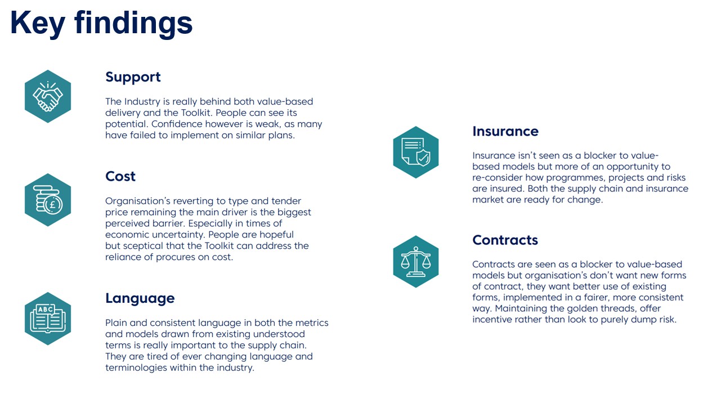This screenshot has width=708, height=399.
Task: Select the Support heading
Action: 133,77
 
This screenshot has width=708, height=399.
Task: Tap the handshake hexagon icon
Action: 48,96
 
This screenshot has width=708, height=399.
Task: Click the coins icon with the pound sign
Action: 48,200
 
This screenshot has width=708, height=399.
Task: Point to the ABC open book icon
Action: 48,318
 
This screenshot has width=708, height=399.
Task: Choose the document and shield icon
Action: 415,152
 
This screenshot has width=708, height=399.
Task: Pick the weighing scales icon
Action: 415,261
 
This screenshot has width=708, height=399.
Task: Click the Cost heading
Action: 120,176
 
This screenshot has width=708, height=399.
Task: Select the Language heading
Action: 140,298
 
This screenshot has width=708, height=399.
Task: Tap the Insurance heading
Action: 505,131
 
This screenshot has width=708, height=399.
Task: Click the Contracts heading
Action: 505,240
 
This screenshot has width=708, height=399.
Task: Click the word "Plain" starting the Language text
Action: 116,323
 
